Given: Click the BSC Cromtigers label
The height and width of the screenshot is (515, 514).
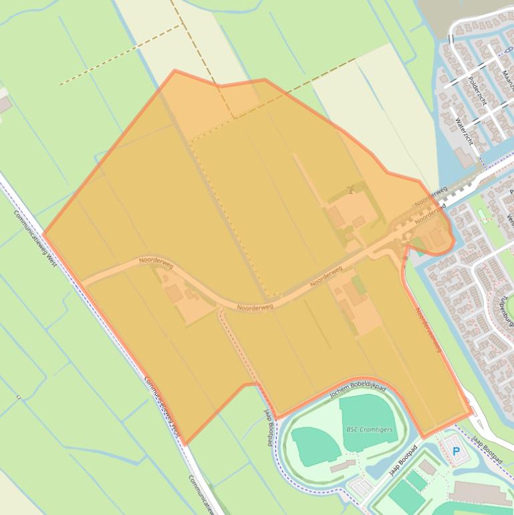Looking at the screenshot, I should tap(369, 429).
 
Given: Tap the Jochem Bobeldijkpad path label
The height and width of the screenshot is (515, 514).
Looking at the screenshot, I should tap(358, 391).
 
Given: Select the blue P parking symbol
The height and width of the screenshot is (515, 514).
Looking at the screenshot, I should tap(457, 452).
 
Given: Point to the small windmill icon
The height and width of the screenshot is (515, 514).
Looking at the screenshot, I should tap(350, 190).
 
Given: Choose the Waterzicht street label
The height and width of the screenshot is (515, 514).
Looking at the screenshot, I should tap(463, 131).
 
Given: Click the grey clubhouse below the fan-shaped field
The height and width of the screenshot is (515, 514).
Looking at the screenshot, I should tap(342, 466).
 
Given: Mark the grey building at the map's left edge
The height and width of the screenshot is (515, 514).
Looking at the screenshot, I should tap(3, 105).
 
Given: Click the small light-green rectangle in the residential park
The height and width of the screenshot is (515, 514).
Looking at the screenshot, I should tap(481, 214).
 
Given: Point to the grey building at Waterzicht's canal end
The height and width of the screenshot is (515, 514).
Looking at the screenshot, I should tap(465, 158).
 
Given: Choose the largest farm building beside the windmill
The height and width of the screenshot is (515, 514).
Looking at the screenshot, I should tap(336, 216).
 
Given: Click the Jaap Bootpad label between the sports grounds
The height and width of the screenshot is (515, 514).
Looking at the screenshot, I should tap(403, 460).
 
